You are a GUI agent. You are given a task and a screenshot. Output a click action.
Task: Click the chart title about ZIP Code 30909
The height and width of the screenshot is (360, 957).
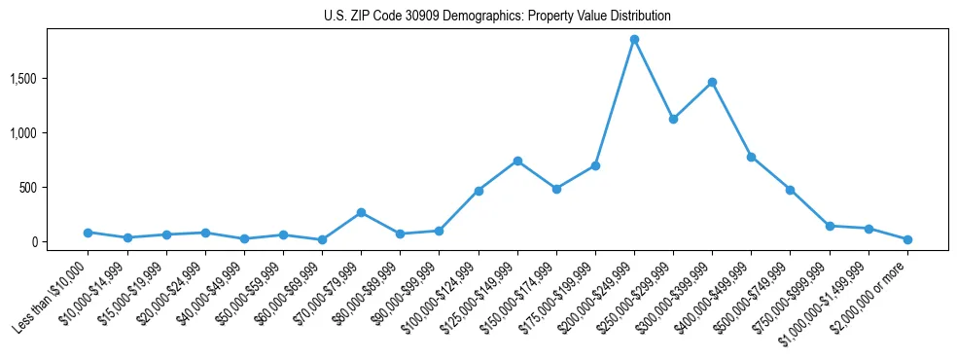(x=497, y=17)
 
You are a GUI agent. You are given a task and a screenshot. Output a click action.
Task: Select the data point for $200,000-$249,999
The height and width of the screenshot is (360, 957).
(x=634, y=40)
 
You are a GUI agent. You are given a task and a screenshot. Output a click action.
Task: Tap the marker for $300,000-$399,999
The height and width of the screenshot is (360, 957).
(x=712, y=83)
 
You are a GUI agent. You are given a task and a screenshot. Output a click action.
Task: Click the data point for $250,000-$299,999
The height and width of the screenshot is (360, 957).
(x=673, y=119)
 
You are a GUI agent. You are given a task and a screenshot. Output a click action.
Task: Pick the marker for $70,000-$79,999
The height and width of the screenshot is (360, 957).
(x=361, y=212)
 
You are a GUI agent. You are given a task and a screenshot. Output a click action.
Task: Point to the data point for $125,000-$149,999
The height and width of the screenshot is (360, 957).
(x=517, y=161)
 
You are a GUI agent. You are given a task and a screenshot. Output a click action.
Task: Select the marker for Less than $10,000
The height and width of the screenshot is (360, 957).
(x=88, y=233)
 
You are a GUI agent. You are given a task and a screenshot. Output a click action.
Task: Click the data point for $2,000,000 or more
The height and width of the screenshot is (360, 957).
(x=907, y=239)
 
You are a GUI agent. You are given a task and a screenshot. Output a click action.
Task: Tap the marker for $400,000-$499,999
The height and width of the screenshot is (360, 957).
(x=751, y=157)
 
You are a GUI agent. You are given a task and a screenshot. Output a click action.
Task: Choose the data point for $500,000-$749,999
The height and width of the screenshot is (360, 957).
(x=790, y=190)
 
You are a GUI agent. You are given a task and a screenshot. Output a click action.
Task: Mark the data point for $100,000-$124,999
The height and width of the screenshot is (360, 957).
(x=478, y=191)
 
